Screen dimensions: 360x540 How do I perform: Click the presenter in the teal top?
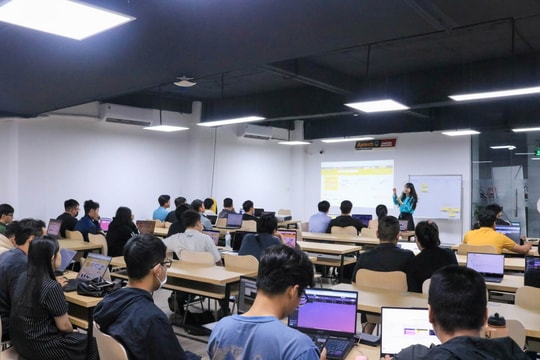point(406,204)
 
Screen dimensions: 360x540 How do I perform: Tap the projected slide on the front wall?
point(357,184)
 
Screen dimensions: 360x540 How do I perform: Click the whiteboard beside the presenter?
point(437,196)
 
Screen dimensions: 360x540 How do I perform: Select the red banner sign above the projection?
point(375,144)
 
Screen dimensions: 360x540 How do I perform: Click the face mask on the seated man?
point(161,276)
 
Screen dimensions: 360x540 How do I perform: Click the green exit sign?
point(536,153)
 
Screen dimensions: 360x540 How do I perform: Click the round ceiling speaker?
point(185,82)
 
